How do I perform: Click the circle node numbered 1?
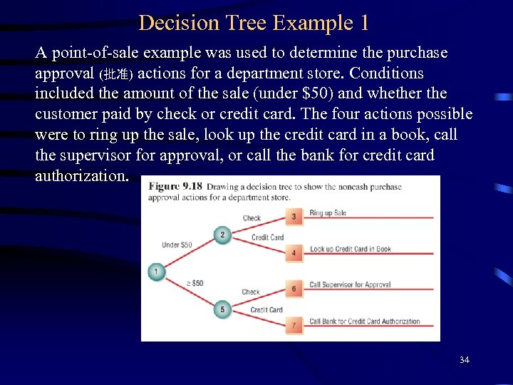(156, 272)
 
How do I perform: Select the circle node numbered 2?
(222, 235)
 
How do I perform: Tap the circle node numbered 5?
(222, 309)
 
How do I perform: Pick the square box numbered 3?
(294, 216)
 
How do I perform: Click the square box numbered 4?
(294, 253)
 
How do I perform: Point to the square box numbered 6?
(294, 289)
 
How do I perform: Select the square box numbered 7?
(294, 325)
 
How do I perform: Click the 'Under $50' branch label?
(177, 245)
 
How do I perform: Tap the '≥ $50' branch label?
(195, 283)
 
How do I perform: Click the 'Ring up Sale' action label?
(328, 213)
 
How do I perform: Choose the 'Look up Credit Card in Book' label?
(350, 249)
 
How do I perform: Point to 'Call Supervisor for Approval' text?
(350, 284)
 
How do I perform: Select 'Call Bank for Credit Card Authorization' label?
(364, 322)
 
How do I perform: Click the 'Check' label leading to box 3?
(252, 218)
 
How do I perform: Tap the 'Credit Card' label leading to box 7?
(266, 309)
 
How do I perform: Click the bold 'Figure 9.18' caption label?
(175, 187)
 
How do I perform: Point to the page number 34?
(464, 360)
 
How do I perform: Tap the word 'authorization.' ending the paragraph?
(82, 175)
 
